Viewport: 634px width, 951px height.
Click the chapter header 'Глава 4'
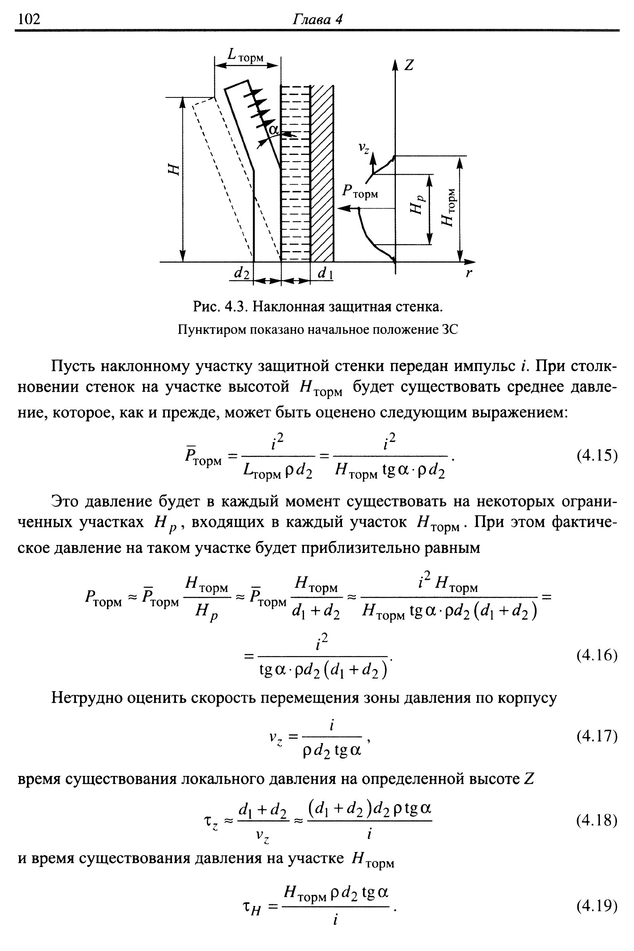(x=317, y=19)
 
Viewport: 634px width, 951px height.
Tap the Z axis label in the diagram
(x=409, y=65)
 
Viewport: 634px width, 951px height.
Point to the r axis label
(x=469, y=273)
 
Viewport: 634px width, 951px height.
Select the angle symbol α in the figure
(x=274, y=130)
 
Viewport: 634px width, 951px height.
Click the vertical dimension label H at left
(x=173, y=170)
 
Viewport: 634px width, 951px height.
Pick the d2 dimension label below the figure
(x=242, y=273)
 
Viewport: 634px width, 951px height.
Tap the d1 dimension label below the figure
(x=325, y=274)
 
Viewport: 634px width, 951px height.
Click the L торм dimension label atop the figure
(x=245, y=55)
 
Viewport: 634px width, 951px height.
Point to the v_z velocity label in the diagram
(x=364, y=148)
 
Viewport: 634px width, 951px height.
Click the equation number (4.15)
(x=597, y=455)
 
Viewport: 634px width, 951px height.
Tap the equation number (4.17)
(x=597, y=736)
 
